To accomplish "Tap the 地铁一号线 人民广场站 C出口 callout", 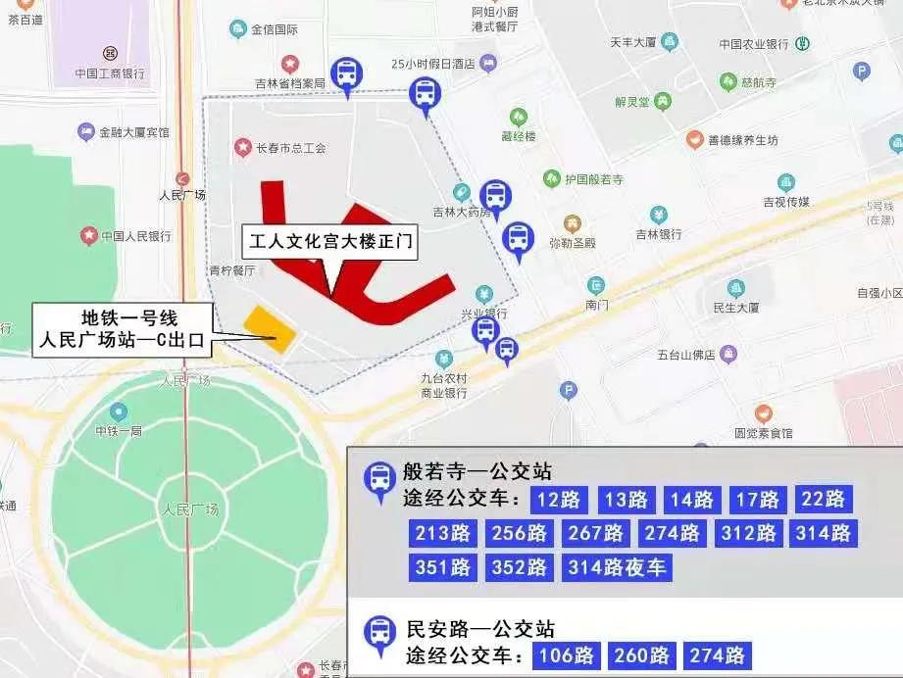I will (x=124, y=329).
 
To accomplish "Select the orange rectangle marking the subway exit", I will (x=270, y=329).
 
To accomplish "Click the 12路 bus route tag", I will (x=559, y=500).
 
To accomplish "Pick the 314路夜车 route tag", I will (x=618, y=567).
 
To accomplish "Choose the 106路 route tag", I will (x=567, y=655).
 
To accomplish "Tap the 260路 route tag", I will (x=642, y=655).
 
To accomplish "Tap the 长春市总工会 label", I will (x=290, y=148).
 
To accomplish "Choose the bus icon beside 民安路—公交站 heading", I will (x=378, y=633).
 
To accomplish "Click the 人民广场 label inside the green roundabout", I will (x=191, y=509).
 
